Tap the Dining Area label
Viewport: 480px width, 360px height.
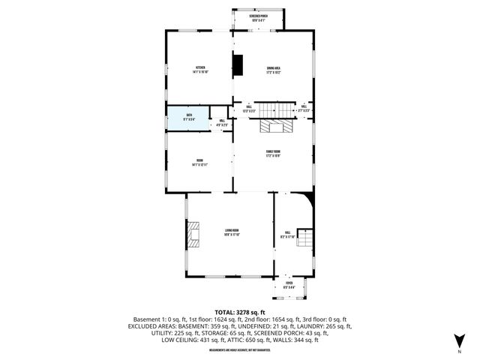click(273, 70)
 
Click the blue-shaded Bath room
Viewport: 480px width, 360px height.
click(188, 118)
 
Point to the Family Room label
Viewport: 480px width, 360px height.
click(272, 154)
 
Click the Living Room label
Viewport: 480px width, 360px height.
click(231, 232)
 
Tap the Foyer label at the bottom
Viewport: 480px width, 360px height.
click(288, 285)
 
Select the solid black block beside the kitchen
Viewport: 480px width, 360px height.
click(238, 65)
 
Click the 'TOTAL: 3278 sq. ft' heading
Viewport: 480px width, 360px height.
click(240, 311)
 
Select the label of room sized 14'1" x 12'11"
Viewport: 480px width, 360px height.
click(200, 162)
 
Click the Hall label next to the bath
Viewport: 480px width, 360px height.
click(222, 122)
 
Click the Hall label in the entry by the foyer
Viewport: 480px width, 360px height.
click(287, 235)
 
